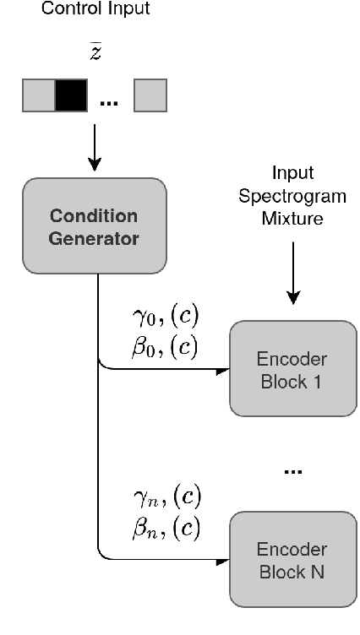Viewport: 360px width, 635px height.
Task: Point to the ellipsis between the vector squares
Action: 110,101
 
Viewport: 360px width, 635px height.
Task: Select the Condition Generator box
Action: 95,225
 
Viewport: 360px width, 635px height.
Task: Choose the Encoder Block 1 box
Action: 292,367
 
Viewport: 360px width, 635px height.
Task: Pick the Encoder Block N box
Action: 292,560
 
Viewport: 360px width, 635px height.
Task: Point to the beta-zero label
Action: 156,348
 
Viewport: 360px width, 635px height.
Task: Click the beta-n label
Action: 156,528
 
